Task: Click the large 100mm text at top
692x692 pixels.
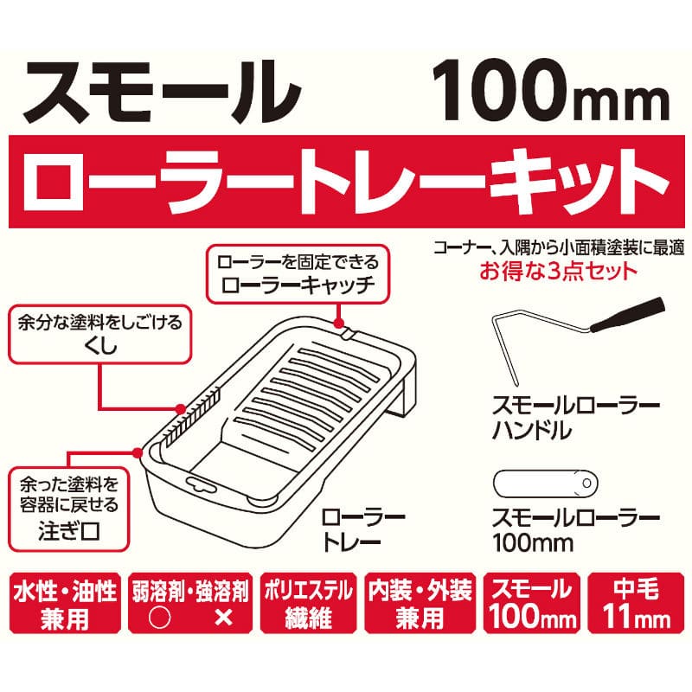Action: pos(550,92)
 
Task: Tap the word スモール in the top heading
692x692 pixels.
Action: pos(162,92)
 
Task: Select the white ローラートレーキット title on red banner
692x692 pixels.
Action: pos(345,182)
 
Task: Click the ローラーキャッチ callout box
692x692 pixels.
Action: pos(298,274)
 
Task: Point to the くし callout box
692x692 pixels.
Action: pos(100,334)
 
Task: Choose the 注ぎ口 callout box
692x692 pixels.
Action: pos(69,509)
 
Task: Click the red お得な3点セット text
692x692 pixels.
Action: pos(558,271)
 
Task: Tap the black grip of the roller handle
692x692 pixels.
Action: pos(628,315)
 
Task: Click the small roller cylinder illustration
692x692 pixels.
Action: pos(545,484)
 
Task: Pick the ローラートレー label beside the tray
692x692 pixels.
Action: pos(362,529)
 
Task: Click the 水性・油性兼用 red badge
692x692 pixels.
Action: pos(65,603)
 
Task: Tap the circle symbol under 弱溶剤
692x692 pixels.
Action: pos(160,618)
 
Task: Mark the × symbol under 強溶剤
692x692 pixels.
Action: pos(223,618)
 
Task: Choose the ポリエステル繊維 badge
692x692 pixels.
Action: pos(308,603)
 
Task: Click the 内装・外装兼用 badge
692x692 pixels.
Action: pos(420,603)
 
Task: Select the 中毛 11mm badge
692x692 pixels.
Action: pos(636,603)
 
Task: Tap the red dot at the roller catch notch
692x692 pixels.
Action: pos(338,324)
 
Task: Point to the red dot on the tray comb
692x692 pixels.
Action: pos(181,408)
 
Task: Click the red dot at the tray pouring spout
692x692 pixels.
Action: pos(138,452)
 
